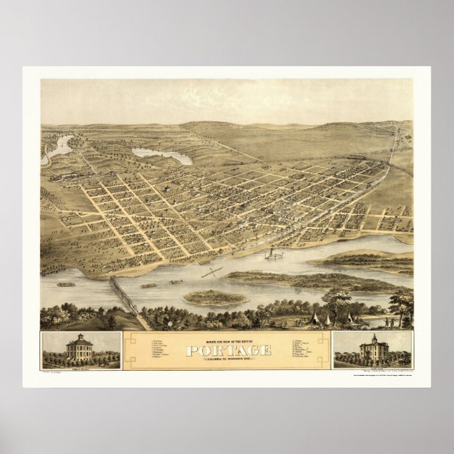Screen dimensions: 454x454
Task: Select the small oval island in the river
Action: point(215,297)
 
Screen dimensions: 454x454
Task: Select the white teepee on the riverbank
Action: point(330,318)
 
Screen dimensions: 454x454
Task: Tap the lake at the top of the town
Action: point(162,155)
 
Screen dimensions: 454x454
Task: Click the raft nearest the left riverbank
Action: point(66,284)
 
